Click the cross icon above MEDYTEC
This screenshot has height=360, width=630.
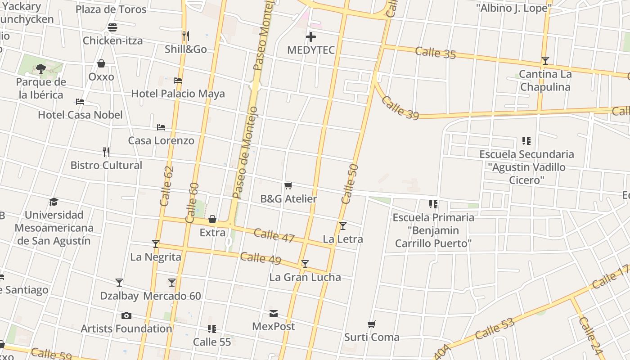(310, 37)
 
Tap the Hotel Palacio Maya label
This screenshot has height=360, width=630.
(178, 94)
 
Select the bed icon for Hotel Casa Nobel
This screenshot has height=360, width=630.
(80, 102)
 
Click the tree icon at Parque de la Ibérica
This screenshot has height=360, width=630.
(41, 69)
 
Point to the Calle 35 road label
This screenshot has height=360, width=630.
(435, 52)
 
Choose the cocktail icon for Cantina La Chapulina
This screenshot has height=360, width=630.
(545, 61)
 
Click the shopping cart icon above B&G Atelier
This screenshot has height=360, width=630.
(288, 185)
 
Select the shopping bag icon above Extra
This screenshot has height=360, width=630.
(212, 220)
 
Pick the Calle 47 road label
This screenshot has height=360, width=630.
(274, 235)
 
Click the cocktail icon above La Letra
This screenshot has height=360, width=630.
(343, 225)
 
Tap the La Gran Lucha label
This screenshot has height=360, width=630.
(305, 277)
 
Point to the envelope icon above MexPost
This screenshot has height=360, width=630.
(274, 314)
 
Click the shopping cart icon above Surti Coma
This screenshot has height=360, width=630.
(372, 324)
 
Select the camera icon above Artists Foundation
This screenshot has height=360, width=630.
(126, 315)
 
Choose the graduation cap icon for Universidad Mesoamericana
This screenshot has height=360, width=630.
(54, 202)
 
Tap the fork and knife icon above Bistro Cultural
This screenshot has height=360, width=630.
(106, 152)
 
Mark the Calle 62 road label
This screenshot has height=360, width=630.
(166, 186)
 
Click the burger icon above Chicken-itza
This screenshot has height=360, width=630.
(112, 27)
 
